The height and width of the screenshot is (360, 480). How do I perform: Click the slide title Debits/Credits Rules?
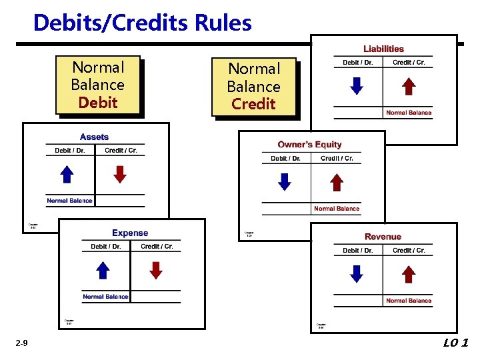142,23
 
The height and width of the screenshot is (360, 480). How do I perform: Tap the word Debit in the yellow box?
97,103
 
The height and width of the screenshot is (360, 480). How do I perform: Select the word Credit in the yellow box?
253,104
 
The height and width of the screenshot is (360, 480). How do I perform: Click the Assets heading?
94,137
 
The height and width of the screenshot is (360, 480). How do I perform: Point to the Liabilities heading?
383,49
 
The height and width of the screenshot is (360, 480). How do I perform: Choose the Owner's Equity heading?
309,145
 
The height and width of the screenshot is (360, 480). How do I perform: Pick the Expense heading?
130,233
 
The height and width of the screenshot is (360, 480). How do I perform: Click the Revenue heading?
383,237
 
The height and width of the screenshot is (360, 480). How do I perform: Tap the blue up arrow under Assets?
67,174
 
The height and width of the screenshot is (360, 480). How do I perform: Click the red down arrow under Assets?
120,174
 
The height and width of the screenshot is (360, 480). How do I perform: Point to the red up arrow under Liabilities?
409,86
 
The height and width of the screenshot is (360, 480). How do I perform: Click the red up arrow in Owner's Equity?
337,182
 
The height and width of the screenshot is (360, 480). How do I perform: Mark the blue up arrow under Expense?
103,270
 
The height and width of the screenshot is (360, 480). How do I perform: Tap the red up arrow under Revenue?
409,274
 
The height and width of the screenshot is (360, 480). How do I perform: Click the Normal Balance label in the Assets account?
69,201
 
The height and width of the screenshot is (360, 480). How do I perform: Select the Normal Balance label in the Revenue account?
409,301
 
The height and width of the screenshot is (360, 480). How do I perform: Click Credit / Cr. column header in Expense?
157,247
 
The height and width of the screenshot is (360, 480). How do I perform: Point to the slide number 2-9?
21,343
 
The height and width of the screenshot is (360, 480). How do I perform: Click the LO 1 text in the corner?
456,343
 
